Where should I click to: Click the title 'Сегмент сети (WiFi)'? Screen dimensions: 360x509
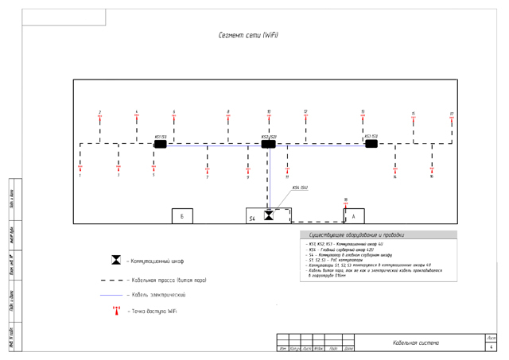247,36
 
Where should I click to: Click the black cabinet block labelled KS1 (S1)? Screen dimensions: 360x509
161,144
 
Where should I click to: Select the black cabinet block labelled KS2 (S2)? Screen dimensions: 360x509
268,144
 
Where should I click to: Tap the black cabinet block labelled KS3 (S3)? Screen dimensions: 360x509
371,144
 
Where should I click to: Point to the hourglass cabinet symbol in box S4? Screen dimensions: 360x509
269,215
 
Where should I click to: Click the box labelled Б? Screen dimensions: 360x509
182,216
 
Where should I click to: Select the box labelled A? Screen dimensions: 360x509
353,216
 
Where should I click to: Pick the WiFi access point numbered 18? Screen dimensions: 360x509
346,205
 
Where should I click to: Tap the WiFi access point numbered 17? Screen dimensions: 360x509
451,118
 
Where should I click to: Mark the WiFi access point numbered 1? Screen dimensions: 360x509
80,168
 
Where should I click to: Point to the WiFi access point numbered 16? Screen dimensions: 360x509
432,170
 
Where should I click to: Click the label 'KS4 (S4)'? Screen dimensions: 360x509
301,188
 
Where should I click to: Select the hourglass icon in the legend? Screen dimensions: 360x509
116,261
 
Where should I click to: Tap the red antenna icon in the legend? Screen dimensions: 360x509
116,311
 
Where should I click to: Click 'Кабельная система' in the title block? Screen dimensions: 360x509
416,343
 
